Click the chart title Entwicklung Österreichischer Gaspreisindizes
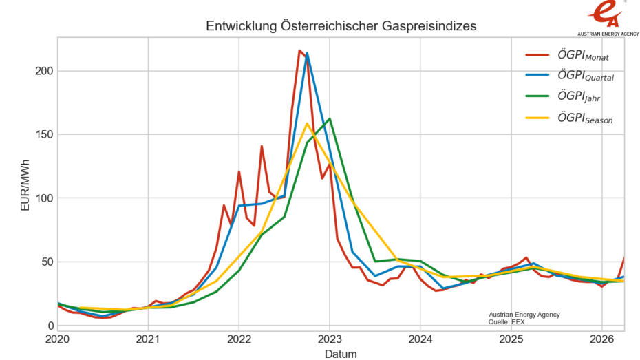click(341, 26)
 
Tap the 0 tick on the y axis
click(49, 326)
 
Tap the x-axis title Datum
click(341, 354)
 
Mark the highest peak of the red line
click(299, 50)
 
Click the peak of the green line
click(330, 118)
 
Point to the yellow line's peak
click(307, 123)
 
